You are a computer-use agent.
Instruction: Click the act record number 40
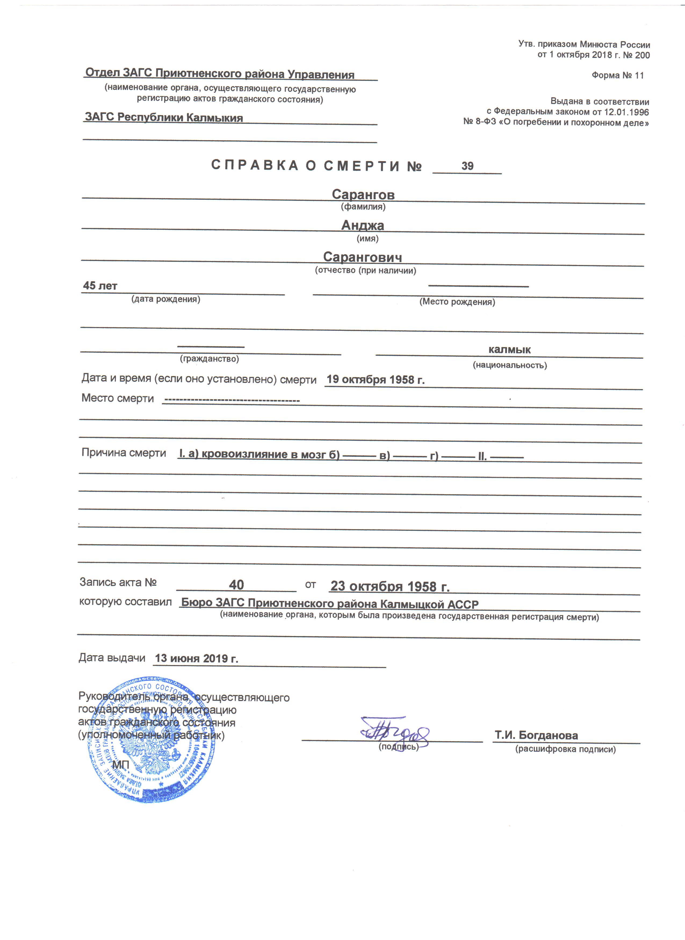236,585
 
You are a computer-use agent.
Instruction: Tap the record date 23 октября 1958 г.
390,586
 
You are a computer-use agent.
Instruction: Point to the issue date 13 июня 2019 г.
197,658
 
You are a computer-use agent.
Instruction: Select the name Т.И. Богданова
536,735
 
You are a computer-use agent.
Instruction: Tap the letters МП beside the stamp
121,765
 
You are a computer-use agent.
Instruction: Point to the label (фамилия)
363,206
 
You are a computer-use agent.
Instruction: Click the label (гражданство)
210,358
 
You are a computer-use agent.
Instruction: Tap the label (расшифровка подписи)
565,749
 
